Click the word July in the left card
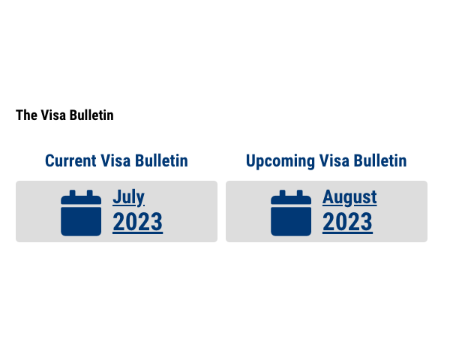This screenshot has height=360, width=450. pos(128,197)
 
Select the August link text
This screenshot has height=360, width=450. pos(349,197)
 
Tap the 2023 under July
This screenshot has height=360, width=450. pos(137,222)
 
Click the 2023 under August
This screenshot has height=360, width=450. pos(347,222)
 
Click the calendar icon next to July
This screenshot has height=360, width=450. pos(81,213)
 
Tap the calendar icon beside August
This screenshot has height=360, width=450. pos(291,213)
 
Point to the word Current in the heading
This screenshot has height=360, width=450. pos(70,160)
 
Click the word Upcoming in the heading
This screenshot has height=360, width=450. pos(280,161)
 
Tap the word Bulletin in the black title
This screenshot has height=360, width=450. pos(91,115)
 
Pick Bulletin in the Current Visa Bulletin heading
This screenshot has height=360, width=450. pos(161,160)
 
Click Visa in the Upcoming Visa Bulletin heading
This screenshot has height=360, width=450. pos(334,160)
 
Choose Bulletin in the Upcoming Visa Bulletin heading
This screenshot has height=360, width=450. pos(380,160)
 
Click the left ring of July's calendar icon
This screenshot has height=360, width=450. pos(72,193)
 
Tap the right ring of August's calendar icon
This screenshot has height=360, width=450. pos(300,193)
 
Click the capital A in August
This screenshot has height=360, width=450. pos(328,197)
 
